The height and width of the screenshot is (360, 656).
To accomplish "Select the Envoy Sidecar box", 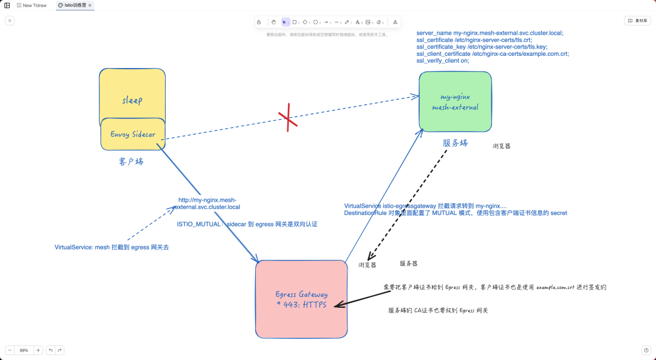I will [x=132, y=134].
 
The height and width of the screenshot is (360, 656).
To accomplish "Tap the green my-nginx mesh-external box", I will [x=455, y=101].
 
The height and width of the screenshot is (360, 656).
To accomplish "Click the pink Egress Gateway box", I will [x=301, y=299].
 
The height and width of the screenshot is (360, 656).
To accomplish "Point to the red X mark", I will [x=288, y=119].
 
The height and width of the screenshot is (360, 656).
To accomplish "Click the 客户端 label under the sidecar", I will [x=131, y=161].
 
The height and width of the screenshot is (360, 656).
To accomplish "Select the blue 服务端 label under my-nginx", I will [x=455, y=143].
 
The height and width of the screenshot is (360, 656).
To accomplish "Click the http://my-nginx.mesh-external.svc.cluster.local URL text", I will [x=207, y=203].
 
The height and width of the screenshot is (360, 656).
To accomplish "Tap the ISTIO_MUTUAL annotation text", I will [x=247, y=224].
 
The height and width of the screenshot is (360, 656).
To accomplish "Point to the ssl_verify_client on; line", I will [x=443, y=61].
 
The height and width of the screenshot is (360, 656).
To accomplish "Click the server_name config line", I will [x=490, y=33].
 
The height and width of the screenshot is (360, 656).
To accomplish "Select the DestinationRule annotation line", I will [x=455, y=213].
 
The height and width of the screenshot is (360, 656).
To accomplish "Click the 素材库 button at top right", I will [x=637, y=21].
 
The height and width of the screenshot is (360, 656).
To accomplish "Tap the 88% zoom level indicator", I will [x=24, y=350].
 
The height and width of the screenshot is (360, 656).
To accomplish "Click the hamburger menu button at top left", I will [x=10, y=21].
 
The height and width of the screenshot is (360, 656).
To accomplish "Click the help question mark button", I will [x=646, y=350].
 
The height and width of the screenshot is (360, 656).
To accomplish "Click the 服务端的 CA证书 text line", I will [x=438, y=310].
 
